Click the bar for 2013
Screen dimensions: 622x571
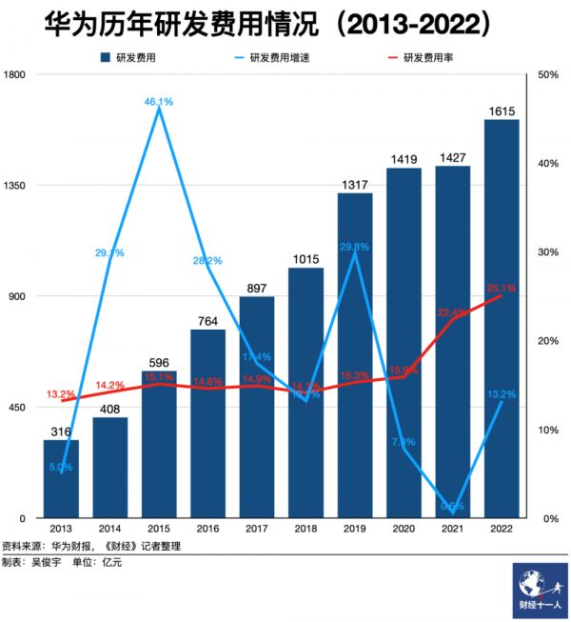61,478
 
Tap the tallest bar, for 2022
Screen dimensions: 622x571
502,319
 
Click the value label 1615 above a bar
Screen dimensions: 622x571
502,111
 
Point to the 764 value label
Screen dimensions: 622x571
208,321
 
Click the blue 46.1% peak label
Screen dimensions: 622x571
158,101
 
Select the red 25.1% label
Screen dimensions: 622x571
502,288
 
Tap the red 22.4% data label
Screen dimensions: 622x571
453,311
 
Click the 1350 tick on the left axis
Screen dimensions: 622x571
17,186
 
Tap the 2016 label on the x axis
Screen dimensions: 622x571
207,529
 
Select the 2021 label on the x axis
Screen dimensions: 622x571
453,529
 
